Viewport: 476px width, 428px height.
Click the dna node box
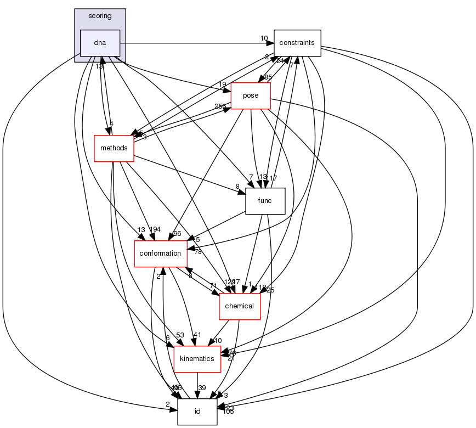click(100, 43)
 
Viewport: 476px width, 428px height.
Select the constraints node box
click(297, 43)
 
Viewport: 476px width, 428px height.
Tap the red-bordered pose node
click(251, 95)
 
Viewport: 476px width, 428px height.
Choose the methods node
click(114, 148)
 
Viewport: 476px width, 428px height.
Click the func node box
click(265, 201)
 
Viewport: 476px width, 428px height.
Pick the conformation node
click(160, 254)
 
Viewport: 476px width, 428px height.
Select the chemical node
click(240, 306)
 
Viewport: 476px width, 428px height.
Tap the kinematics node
click(197, 358)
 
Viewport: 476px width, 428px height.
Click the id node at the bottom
click(197, 411)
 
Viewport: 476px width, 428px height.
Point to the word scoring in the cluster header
click(100, 16)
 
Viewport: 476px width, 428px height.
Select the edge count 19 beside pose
click(222, 85)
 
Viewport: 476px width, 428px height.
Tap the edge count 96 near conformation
click(177, 234)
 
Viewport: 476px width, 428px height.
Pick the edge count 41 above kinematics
click(197, 335)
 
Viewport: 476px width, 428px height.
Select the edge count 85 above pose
click(268, 77)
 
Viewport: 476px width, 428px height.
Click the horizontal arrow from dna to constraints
click(192, 43)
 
